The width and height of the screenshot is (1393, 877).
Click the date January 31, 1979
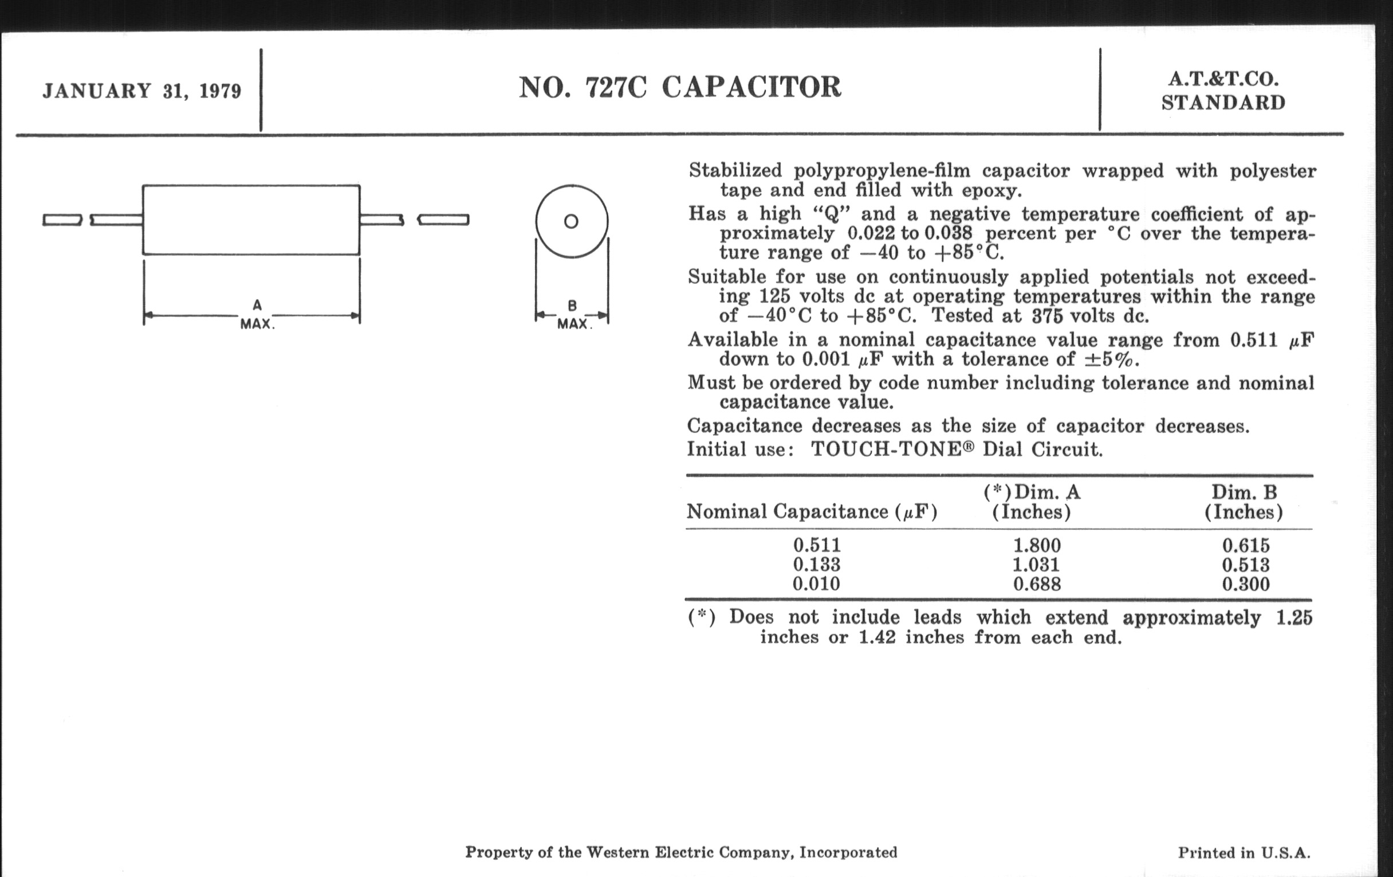[x=141, y=92]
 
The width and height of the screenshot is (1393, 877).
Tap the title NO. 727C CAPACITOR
[x=680, y=87]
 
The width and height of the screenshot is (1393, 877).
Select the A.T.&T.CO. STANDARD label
[x=1223, y=92]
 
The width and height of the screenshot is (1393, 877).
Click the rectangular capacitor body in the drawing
[x=251, y=220]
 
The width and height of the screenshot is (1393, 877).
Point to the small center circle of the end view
[x=571, y=221]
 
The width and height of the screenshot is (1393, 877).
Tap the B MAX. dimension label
[x=572, y=315]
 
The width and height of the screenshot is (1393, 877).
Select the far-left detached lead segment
[x=62, y=220]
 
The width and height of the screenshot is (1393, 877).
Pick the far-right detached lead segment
[x=443, y=220]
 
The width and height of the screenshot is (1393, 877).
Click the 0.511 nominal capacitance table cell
[x=816, y=545]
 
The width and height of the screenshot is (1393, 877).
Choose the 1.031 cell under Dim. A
[x=1037, y=565]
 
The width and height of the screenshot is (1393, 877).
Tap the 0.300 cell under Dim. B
[x=1245, y=584]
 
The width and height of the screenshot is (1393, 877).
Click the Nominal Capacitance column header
[x=812, y=512]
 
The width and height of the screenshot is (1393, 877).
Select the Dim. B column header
[x=1244, y=502]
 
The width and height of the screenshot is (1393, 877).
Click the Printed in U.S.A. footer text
[x=1244, y=853]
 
